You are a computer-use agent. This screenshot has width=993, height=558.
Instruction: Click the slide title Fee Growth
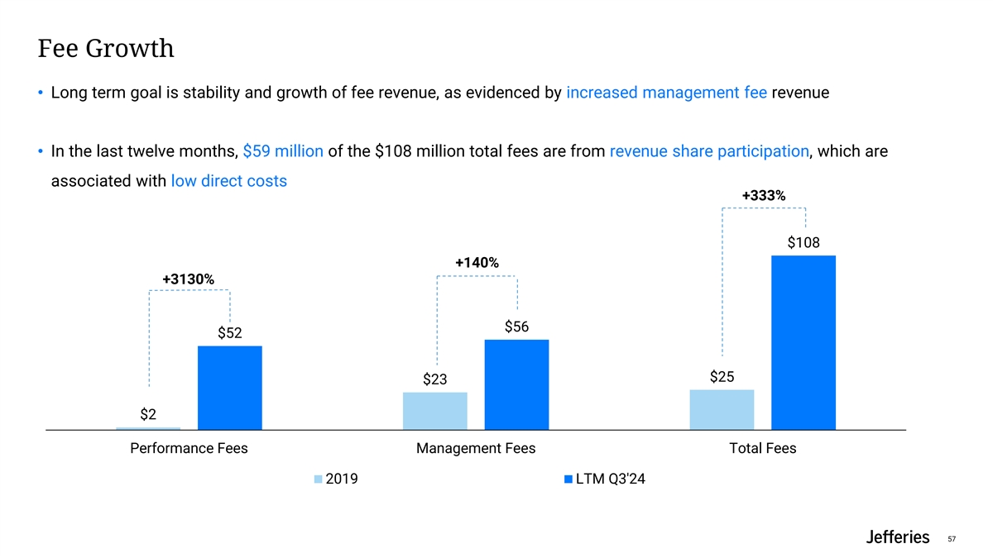(106, 49)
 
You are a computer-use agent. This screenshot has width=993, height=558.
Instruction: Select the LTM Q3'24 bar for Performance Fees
(230, 388)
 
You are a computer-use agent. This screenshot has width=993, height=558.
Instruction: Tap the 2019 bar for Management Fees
(435, 411)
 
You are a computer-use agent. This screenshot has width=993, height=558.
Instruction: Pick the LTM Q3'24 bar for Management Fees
(516, 384)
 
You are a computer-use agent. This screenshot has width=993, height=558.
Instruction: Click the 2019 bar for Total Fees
(722, 409)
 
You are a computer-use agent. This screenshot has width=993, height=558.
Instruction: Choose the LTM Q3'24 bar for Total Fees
(803, 342)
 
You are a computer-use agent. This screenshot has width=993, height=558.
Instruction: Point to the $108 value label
(803, 243)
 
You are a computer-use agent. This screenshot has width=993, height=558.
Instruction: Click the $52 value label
(230, 333)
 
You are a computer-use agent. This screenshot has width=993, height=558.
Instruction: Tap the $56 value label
(516, 327)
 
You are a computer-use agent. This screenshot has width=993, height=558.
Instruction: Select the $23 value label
(435, 379)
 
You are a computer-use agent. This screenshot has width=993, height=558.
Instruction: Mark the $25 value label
(722, 377)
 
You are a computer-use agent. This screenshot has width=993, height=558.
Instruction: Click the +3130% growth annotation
(189, 279)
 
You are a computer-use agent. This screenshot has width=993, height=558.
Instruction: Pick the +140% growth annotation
(477, 263)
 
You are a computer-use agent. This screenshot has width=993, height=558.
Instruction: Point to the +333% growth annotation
(763, 196)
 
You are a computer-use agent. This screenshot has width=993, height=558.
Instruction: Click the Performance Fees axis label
(189, 449)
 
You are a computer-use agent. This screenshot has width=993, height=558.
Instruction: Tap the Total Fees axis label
(763, 449)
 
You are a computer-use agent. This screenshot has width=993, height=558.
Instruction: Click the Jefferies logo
(897, 537)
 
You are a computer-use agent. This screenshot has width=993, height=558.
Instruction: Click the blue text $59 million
(283, 151)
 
